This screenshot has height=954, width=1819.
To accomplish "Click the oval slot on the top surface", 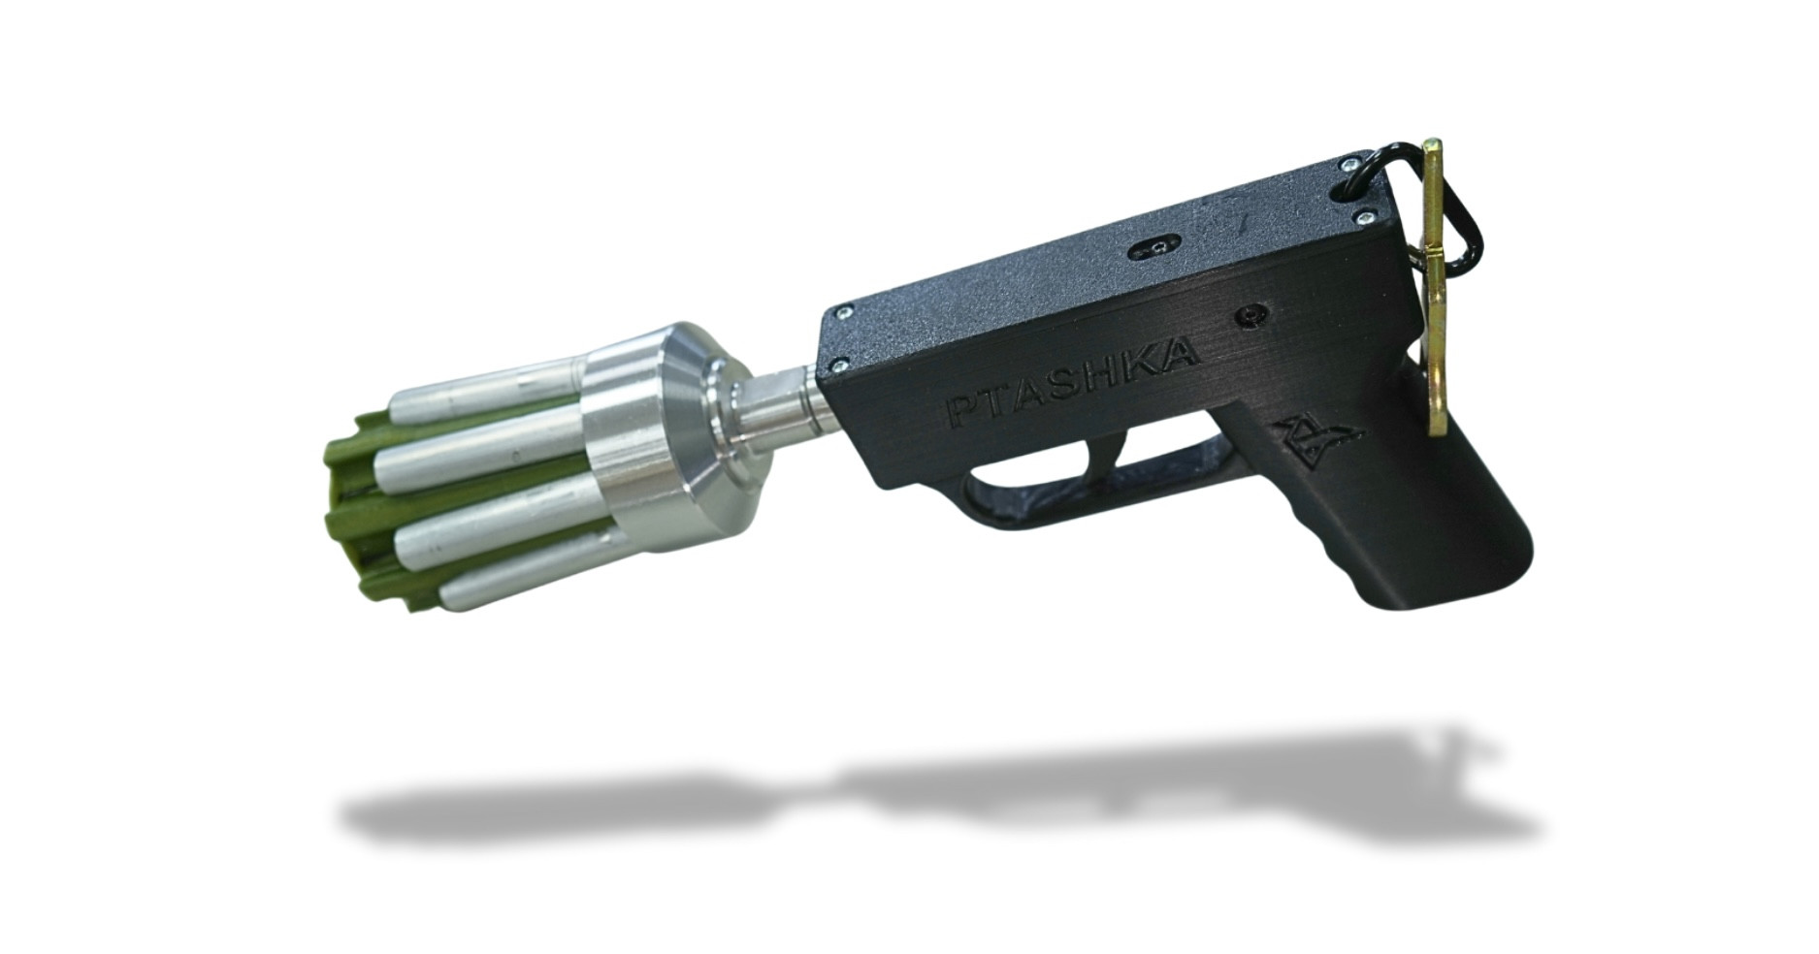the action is pyautogui.click(x=1158, y=249).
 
